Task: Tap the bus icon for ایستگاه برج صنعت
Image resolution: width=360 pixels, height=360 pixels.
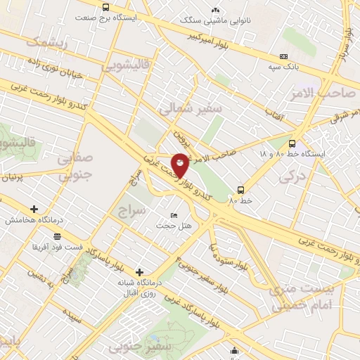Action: (x=105, y=8)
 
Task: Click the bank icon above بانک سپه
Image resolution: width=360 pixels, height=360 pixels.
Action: (x=283, y=56)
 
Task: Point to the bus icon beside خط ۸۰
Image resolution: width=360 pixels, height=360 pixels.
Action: (x=241, y=190)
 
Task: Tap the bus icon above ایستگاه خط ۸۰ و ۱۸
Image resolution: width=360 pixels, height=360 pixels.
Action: (x=292, y=143)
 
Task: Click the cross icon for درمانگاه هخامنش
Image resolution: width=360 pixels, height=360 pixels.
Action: (x=34, y=209)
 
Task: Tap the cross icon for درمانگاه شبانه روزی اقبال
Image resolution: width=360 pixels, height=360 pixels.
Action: (x=139, y=272)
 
